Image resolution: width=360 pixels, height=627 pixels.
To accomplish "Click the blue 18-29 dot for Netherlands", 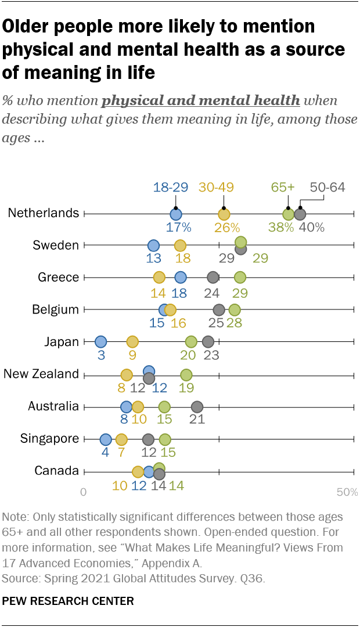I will click(175, 214).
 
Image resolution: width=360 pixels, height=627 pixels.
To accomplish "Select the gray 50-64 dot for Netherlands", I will click(300, 214).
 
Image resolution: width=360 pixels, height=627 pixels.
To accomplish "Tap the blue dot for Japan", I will click(100, 341).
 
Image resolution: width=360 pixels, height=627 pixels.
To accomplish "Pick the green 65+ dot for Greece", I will click(240, 277).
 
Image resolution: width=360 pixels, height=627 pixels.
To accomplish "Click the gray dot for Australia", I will click(197, 406).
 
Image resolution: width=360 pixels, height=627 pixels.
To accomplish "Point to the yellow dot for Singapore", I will click(121, 439).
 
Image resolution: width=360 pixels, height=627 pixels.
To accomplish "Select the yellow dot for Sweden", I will click(180, 245).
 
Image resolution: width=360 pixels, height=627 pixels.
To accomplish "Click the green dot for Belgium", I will click(235, 309).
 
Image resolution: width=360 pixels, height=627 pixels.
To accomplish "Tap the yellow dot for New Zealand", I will click(127, 374).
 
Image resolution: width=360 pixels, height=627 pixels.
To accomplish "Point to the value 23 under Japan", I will click(211, 355).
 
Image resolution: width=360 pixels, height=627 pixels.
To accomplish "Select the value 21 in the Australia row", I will click(197, 420).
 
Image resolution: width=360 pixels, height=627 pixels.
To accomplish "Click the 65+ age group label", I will click(283, 187).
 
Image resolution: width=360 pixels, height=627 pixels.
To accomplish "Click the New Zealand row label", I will click(41, 374).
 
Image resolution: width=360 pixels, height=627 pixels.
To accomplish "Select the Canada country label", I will click(57, 470).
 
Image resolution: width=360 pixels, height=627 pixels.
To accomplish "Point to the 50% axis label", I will click(347, 493).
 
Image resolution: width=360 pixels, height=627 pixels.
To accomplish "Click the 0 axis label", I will click(84, 493).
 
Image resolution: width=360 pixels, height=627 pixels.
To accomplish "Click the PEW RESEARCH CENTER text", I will click(68, 601).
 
